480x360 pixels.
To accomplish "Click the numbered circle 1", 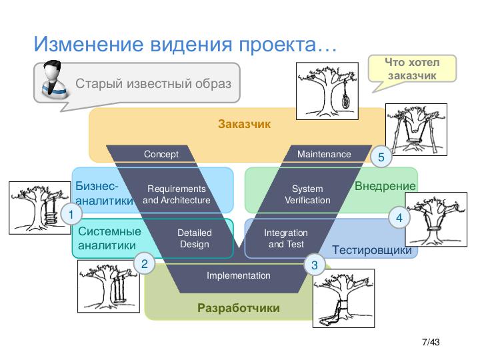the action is (71, 214).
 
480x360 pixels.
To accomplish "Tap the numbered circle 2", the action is (145, 263).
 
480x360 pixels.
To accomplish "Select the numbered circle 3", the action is (315, 265).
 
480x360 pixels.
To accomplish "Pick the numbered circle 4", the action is (399, 217).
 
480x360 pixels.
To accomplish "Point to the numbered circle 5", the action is (381, 157).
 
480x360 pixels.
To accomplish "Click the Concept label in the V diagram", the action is (161, 154).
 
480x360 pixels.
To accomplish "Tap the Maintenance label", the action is (324, 154).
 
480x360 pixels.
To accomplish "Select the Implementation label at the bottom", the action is (239, 275).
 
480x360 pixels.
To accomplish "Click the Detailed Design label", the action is (195, 239).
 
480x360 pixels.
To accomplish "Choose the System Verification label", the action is (307, 195).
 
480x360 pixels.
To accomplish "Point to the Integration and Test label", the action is (286, 239).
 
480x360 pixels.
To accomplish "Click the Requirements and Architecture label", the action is (177, 195).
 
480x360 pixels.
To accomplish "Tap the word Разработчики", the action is (239, 308).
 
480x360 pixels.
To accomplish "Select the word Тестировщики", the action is (372, 250).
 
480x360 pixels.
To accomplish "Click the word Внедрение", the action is (385, 186).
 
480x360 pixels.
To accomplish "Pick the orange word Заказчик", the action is (244, 124).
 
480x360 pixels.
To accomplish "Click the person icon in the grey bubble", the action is (54, 79).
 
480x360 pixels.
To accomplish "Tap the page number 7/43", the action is (431, 342).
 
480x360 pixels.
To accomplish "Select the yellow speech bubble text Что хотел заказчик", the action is (412, 69).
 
